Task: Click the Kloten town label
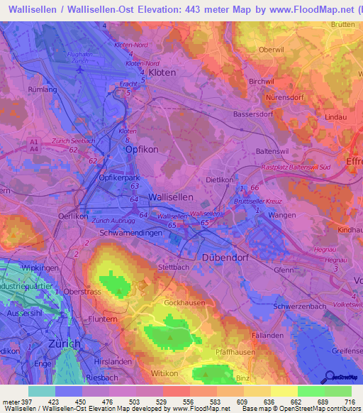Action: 162,73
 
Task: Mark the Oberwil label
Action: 272,50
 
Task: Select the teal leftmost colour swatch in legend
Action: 41,391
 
